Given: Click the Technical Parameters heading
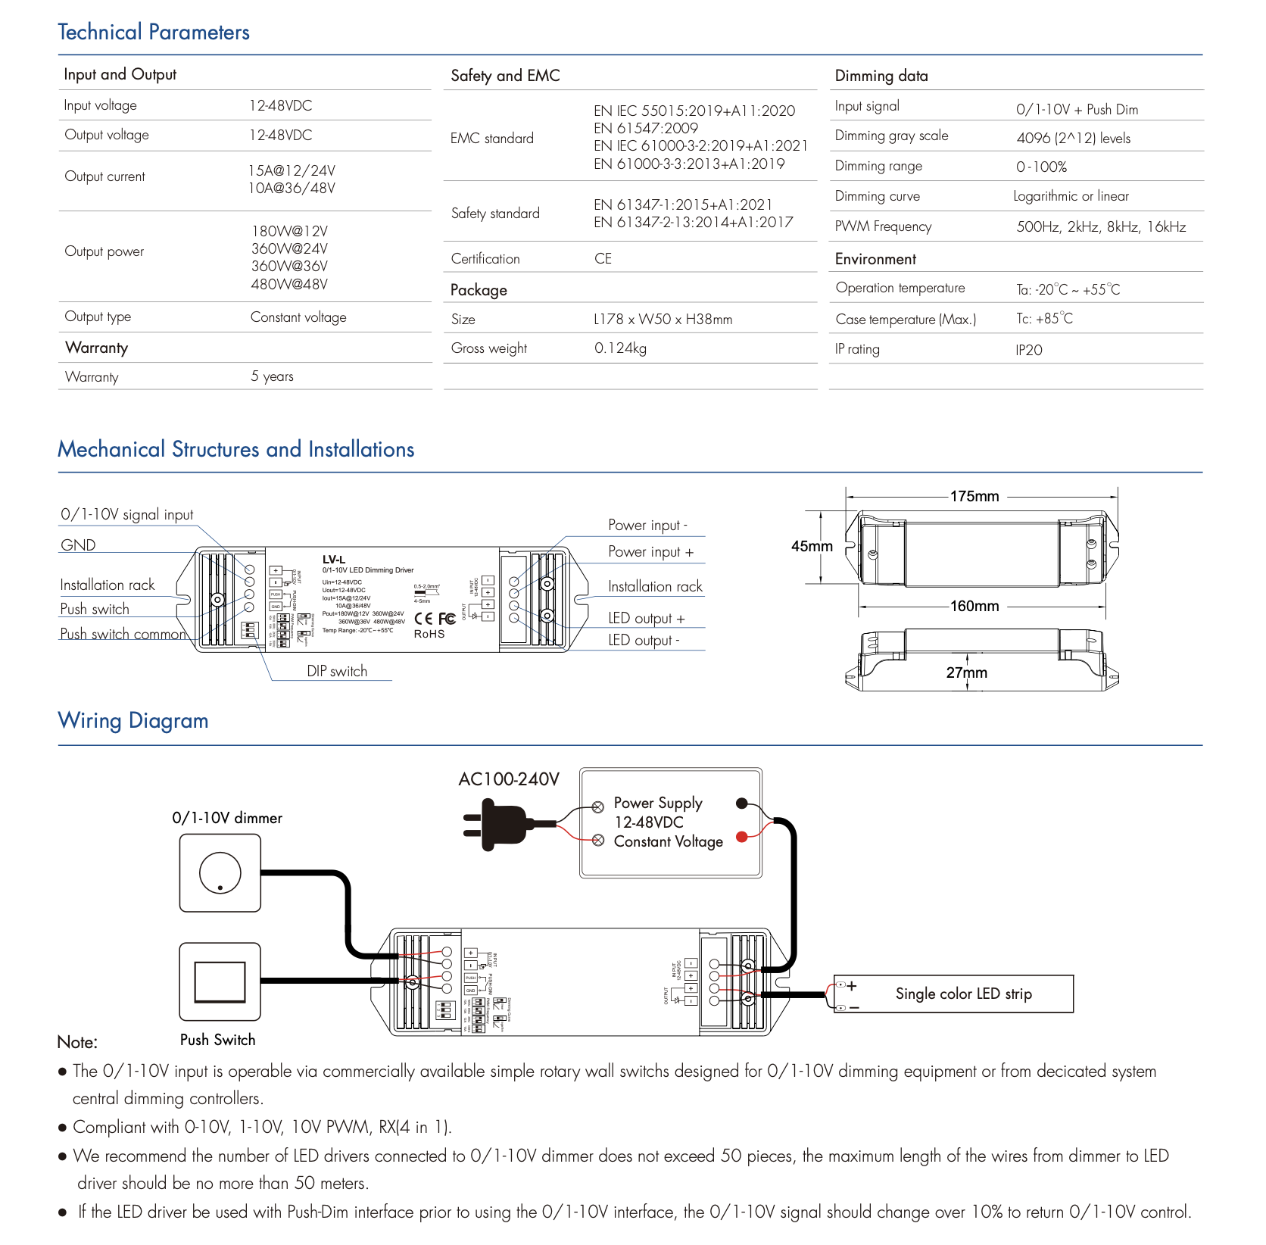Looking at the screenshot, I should click(154, 32).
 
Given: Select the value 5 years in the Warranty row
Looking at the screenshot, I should click(272, 376).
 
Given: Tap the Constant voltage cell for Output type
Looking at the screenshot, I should click(298, 317).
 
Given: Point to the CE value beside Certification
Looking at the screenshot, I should click(603, 259).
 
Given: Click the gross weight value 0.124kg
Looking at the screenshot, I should click(620, 348).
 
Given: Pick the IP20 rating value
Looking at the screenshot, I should click(1029, 350).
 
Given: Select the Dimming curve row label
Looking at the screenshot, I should click(877, 197).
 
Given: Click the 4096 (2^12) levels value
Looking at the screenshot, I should click(1073, 139).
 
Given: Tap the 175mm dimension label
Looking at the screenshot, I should click(974, 497).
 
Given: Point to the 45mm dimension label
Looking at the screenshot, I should click(812, 547).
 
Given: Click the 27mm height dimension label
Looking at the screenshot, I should click(967, 672).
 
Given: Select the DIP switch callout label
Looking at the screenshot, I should click(337, 672).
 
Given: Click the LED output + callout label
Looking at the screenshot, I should click(646, 619).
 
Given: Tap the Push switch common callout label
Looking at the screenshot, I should click(123, 635).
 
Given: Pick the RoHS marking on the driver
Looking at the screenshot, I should click(429, 635).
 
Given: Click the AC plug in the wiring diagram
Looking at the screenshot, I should click(496, 825).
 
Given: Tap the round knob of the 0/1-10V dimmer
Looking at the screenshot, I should click(220, 872).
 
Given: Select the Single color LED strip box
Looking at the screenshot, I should click(954, 994).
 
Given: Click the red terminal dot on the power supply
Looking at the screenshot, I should click(742, 836).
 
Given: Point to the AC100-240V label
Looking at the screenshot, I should click(509, 779).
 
